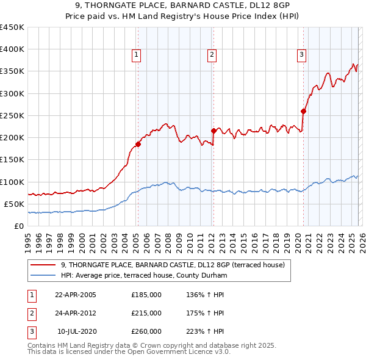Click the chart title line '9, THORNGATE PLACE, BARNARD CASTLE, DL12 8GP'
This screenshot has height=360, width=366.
(x=183, y=7)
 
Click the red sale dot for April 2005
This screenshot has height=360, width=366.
(x=138, y=145)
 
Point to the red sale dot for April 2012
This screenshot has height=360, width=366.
(x=213, y=131)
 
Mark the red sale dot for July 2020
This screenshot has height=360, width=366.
(x=303, y=111)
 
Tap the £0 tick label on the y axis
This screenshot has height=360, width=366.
(x=19, y=226)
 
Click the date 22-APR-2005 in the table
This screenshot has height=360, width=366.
(x=76, y=295)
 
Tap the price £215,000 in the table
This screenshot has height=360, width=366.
(x=146, y=313)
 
